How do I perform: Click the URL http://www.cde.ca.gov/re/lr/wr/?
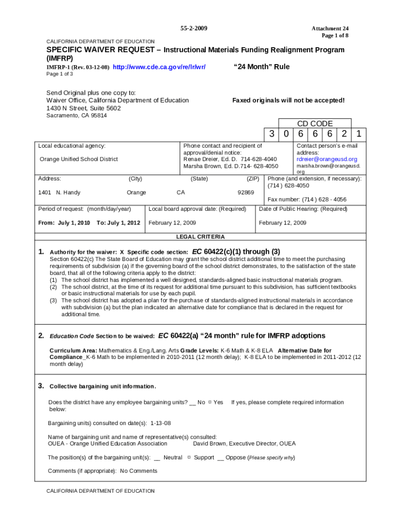click(159, 67)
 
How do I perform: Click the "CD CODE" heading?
click(315, 124)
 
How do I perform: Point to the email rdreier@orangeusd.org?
click(327, 159)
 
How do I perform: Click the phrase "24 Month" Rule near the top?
click(261, 67)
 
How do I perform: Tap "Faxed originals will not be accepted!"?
click(288, 100)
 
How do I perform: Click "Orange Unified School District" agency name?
click(78, 159)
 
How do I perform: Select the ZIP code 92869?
click(245, 193)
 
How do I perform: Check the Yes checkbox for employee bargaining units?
click(210, 403)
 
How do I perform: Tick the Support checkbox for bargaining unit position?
click(189, 458)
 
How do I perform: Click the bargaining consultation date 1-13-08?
click(161, 423)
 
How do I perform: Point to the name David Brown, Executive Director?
click(244, 443)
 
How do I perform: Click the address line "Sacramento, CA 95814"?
click(76, 115)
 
